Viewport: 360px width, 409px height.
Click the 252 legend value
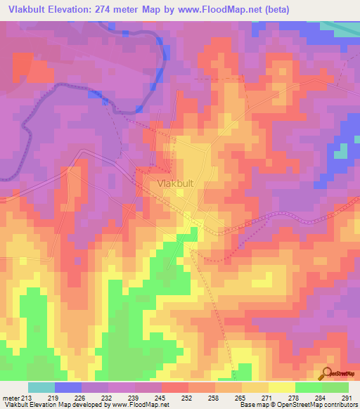[187, 398]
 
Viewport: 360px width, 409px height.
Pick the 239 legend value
[134, 398]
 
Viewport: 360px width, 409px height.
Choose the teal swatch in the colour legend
[41, 387]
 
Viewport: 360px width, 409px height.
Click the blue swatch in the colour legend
[68, 387]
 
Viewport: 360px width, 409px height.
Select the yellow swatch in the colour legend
[281, 387]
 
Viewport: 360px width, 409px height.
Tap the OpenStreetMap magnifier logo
[327, 374]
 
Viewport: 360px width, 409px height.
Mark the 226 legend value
[81, 398]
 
